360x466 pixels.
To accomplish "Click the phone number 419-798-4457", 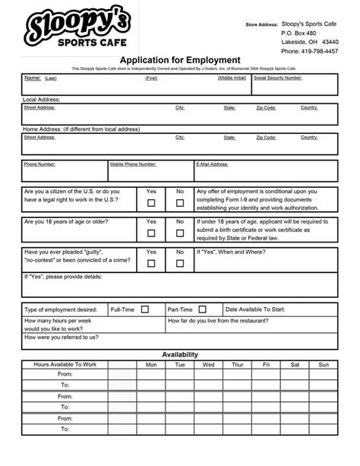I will [310, 52].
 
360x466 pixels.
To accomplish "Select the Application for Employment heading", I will [180, 60].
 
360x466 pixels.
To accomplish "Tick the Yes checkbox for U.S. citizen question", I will [151, 203].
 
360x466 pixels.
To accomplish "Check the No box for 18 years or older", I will [180, 233].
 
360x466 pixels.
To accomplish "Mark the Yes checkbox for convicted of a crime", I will [151, 263].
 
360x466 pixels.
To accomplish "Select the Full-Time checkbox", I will [144, 309].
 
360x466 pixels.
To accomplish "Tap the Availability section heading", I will [180, 354].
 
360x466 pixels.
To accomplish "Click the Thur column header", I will [237, 365].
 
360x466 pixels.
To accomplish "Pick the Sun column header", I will [324, 365].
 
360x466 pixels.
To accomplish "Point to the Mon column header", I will [151, 365].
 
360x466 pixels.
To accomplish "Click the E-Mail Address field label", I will [213, 164].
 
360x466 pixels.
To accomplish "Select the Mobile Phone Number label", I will [133, 164].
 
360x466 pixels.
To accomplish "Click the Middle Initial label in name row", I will [232, 78].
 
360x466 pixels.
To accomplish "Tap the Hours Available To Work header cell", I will [65, 365].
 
